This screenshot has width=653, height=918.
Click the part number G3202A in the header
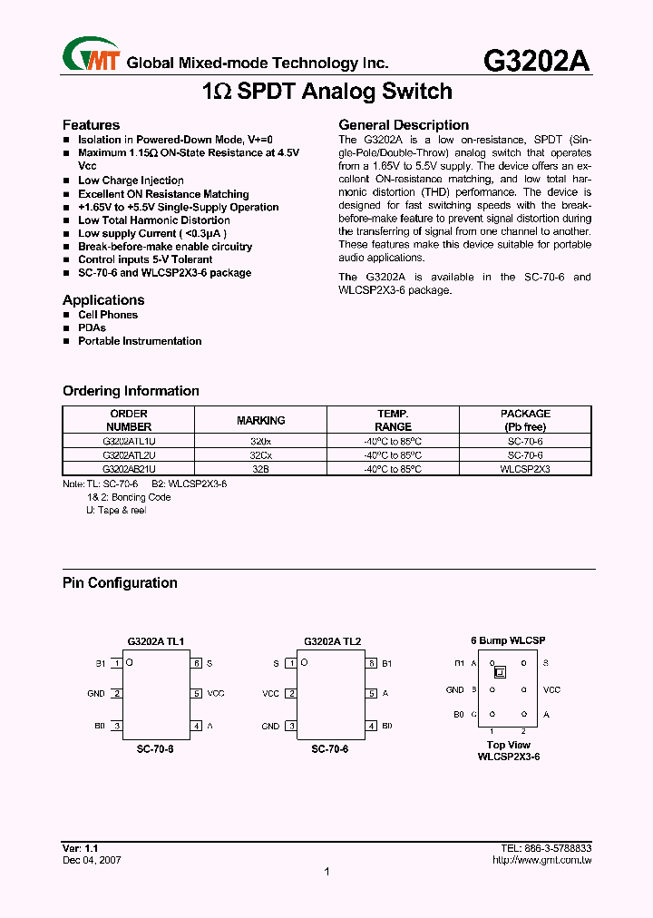(537, 60)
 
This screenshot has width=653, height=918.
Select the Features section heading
(91, 125)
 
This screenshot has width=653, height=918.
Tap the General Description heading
(404, 125)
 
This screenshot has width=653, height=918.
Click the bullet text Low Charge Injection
(131, 181)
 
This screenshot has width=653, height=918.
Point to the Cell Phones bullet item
(108, 315)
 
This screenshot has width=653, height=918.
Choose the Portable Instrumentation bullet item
(140, 341)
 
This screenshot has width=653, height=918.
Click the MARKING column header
(260, 420)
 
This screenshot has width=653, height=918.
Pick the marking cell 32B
(260, 469)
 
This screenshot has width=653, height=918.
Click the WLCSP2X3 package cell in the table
(525, 469)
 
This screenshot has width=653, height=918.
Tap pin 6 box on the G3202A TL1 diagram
(196, 663)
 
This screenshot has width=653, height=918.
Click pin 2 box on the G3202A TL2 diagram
(290, 694)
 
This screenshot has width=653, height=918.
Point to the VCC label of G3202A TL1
(216, 694)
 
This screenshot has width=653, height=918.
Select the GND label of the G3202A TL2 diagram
(270, 726)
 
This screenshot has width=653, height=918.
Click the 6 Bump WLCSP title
(508, 641)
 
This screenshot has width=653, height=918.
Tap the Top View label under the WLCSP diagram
(508, 745)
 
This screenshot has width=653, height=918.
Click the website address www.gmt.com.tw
(541, 859)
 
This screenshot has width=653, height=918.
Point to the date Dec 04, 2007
(92, 859)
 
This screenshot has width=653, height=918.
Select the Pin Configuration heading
(120, 583)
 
